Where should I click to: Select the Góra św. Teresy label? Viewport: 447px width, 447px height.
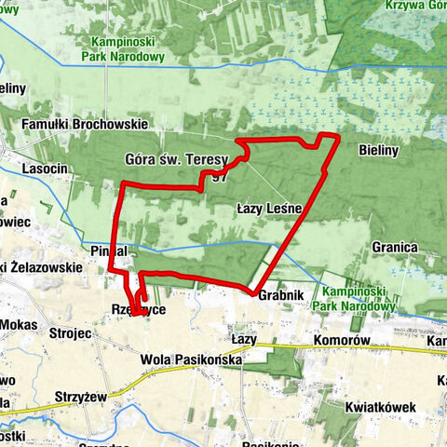tap(175, 160)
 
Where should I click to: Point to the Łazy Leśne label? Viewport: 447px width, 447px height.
tap(269, 210)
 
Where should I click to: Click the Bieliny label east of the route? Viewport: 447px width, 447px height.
tap(380, 148)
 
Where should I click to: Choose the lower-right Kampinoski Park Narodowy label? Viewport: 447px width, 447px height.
tap(359, 298)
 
